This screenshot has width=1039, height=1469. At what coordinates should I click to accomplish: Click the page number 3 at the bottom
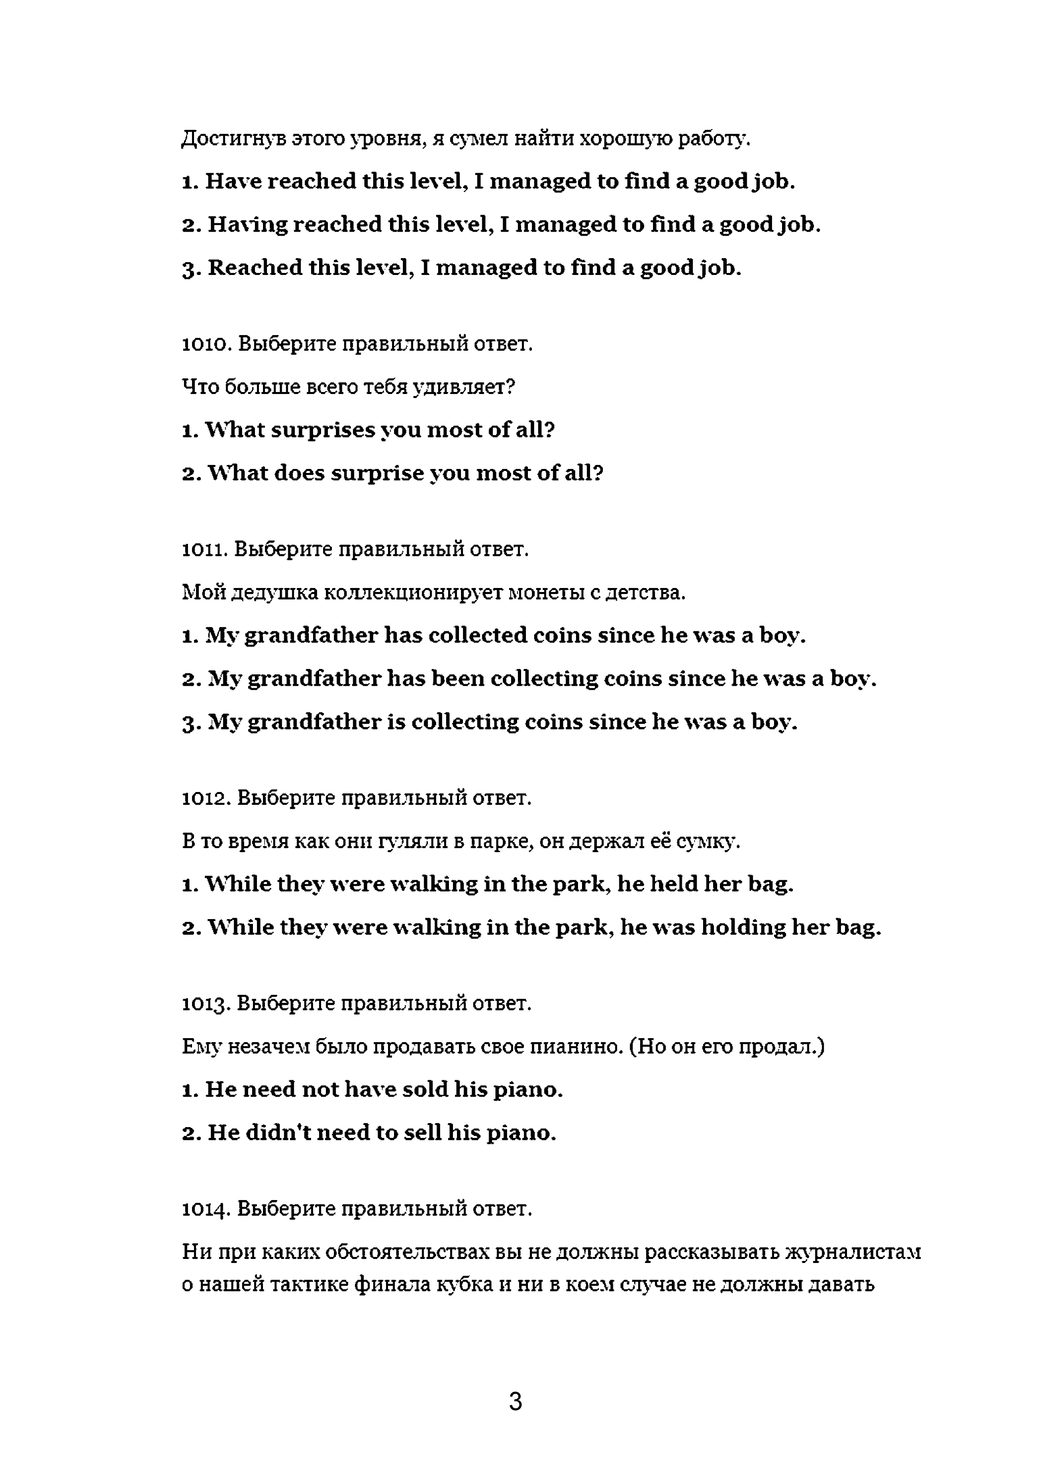(515, 1402)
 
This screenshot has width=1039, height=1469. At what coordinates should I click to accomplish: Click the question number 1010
(205, 344)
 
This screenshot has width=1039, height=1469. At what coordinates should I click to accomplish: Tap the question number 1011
(204, 550)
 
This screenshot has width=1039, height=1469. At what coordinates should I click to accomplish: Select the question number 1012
(205, 798)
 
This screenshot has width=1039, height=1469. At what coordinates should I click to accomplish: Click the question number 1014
(205, 1208)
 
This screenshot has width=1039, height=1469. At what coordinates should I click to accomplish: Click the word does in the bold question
(299, 473)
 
